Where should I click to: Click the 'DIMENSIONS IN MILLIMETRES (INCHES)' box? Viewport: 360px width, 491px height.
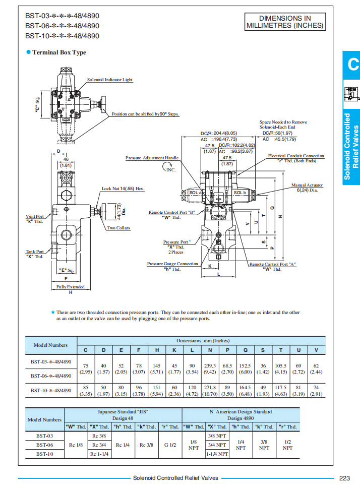(x=285, y=21)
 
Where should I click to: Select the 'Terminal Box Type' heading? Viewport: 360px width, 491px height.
(x=58, y=52)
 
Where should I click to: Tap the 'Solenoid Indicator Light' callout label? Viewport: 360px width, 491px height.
(x=110, y=80)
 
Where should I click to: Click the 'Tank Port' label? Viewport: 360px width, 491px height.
(x=35, y=252)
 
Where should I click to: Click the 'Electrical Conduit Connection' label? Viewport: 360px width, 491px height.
(x=296, y=156)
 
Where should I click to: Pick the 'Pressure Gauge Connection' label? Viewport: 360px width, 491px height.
(x=172, y=264)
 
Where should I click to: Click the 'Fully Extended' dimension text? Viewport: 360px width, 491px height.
(x=70, y=287)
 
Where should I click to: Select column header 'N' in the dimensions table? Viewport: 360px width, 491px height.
(x=210, y=350)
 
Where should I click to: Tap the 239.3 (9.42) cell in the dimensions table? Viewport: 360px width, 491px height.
(x=210, y=369)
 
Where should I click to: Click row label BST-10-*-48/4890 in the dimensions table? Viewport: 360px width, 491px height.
(x=50, y=390)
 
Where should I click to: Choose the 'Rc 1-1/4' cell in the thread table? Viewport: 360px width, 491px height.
(x=99, y=454)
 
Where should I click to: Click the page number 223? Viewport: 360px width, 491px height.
(x=344, y=478)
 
